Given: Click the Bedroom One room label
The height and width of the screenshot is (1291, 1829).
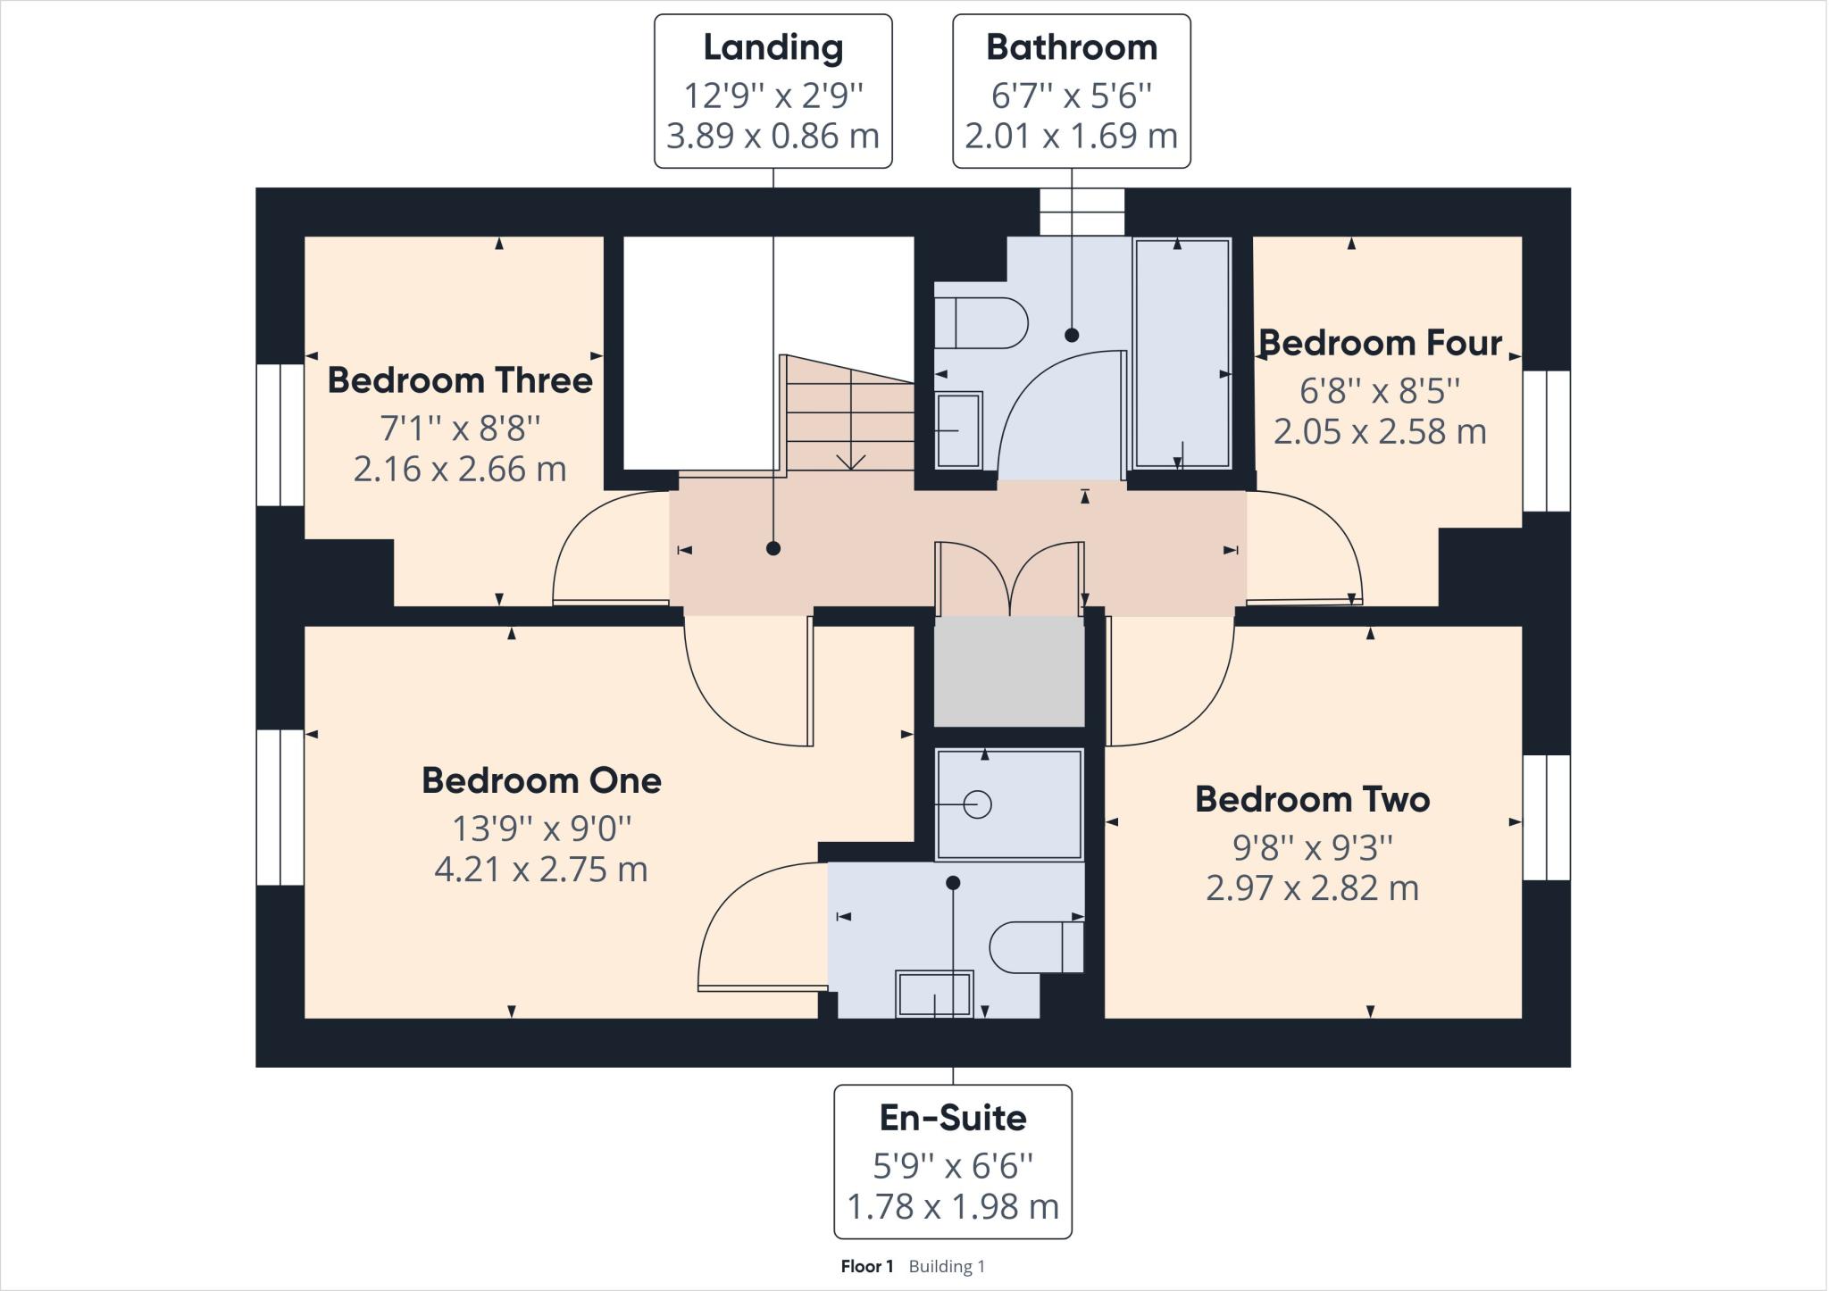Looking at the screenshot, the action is pyautogui.click(x=541, y=781).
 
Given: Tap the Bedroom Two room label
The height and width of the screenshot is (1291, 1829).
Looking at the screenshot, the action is pyautogui.click(x=1312, y=800).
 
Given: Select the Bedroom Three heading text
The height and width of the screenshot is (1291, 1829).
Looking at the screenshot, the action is pyautogui.click(x=460, y=380).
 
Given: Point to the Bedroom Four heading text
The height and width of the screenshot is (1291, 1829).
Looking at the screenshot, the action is pyautogui.click(x=1380, y=343).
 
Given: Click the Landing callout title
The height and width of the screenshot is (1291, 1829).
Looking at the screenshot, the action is pyautogui.click(x=773, y=48).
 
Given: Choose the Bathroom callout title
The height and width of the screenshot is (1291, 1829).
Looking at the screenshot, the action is pyautogui.click(x=1072, y=47).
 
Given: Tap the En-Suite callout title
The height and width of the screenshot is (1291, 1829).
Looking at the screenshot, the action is pyautogui.click(x=953, y=1118).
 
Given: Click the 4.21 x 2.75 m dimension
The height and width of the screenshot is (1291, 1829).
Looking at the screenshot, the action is pyautogui.click(x=541, y=869).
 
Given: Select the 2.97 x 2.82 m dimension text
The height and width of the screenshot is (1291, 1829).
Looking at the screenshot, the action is pyautogui.click(x=1312, y=888).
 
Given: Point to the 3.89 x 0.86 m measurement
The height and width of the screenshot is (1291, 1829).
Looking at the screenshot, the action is pyautogui.click(x=773, y=136).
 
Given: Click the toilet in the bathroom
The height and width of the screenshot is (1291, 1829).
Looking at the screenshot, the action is pyautogui.click(x=981, y=322).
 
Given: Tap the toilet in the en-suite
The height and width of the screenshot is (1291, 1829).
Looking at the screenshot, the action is pyautogui.click(x=1037, y=946).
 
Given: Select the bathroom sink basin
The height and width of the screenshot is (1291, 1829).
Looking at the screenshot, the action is pyautogui.click(x=958, y=430).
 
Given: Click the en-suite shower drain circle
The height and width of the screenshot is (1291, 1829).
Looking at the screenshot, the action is pyautogui.click(x=978, y=804).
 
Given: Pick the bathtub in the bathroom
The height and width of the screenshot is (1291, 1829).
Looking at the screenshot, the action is pyautogui.click(x=1182, y=354).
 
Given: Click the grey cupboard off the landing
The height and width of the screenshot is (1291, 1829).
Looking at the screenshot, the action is pyautogui.click(x=1009, y=670).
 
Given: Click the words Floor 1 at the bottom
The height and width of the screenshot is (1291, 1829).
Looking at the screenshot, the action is pyautogui.click(x=866, y=1266).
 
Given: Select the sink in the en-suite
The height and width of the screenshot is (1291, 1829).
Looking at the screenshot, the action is pyautogui.click(x=934, y=994).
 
